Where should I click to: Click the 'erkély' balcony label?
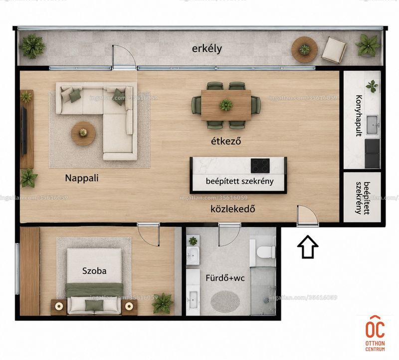[206, 49]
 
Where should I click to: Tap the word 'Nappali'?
[82, 178]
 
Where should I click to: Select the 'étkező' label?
[226, 141]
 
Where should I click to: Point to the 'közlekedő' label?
[232, 209]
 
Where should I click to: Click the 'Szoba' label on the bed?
[94, 271]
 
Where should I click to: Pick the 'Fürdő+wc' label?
[225, 278]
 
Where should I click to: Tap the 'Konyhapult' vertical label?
[359, 116]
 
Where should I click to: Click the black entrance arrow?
[308, 247]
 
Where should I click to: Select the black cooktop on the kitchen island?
[260, 166]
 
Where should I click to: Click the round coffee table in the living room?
[83, 133]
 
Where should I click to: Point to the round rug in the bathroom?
[225, 302]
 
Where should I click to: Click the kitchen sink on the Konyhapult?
[373, 125]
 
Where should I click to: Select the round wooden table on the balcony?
[304, 49]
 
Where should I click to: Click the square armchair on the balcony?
[334, 50]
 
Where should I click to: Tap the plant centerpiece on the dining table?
[226, 105]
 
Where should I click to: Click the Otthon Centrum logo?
[375, 334]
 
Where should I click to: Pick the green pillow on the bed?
[94, 305]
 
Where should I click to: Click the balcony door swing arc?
[128, 52]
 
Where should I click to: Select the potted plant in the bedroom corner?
[162, 303]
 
